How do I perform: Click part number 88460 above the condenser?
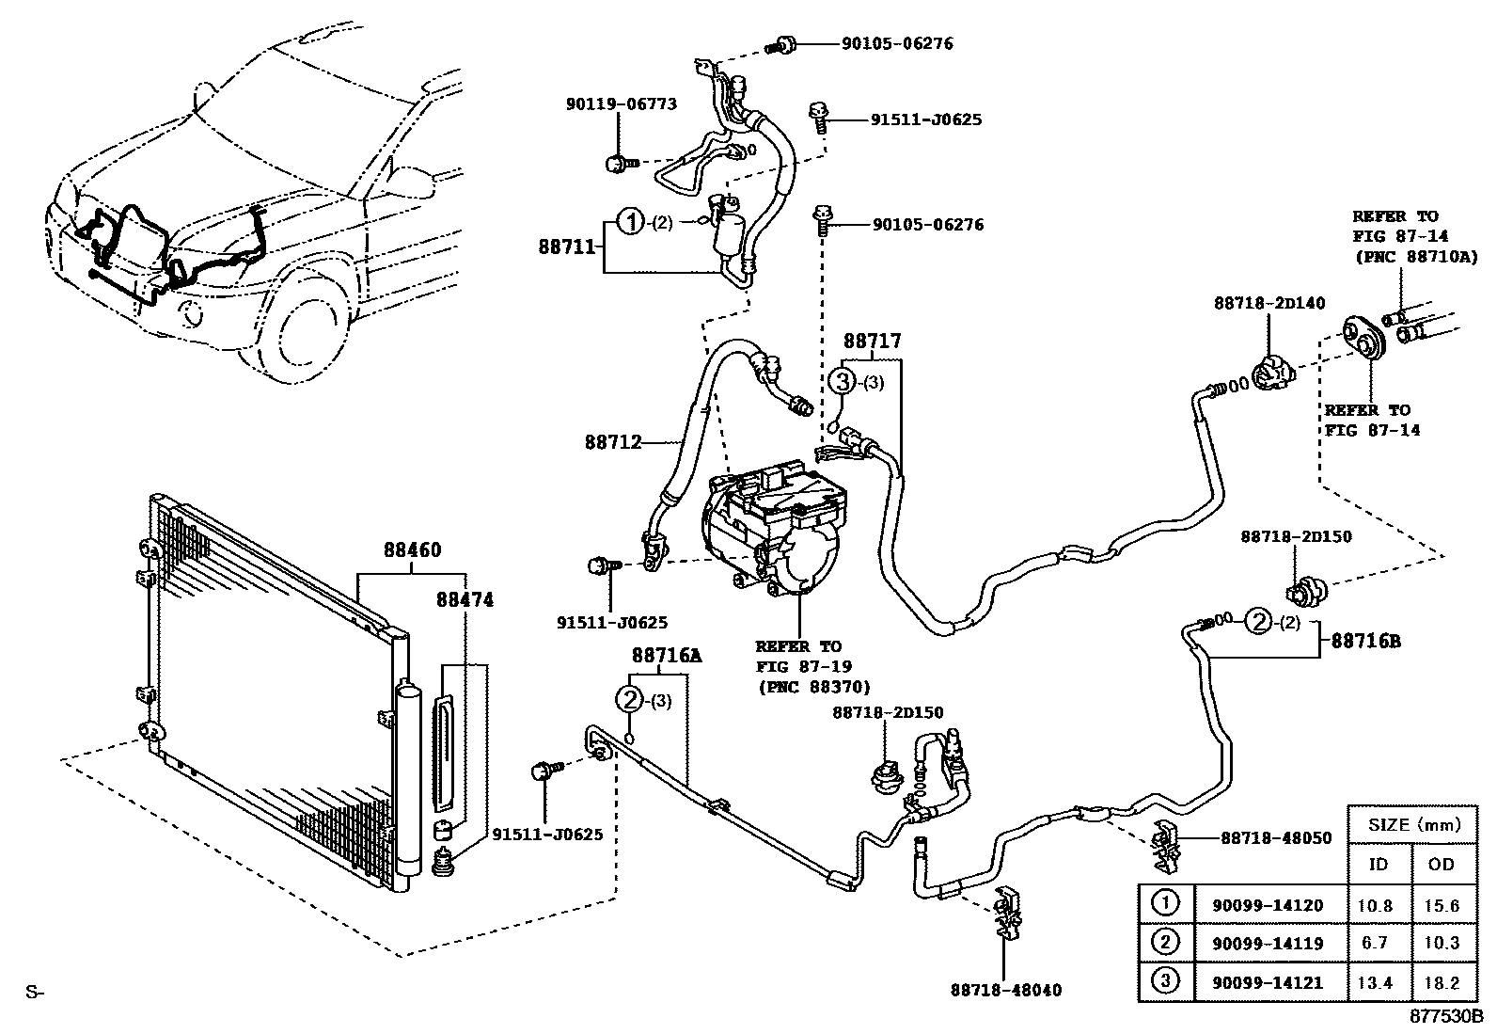412,550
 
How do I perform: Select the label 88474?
465,599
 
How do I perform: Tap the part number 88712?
612,441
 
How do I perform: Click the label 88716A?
667,655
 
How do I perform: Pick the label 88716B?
1365,641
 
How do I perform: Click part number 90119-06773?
622,104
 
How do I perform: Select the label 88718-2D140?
1269,303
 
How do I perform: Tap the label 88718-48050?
1276,837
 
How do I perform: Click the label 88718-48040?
1005,990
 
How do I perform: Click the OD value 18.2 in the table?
1442,982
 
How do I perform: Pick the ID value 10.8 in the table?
1378,905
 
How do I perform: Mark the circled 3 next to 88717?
843,381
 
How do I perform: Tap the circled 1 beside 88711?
630,223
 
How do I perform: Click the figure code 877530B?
1444,1017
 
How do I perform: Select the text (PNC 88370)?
815,687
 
